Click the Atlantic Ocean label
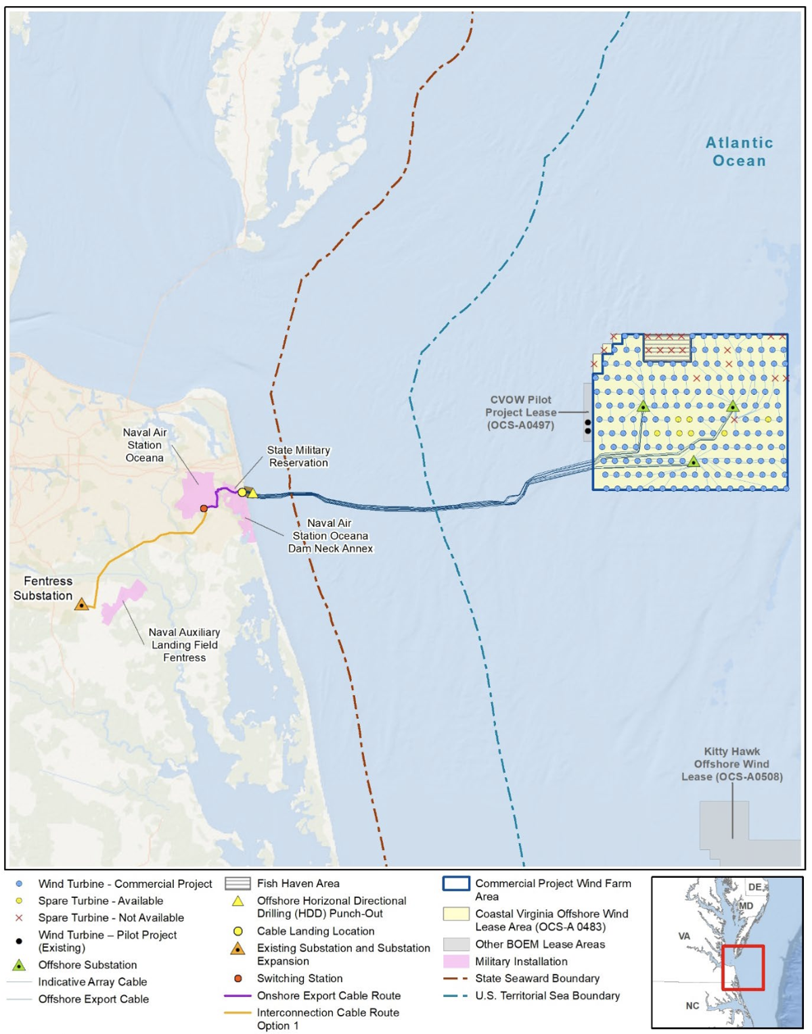point(739,151)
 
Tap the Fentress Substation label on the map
point(43,588)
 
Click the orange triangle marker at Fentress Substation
point(82,604)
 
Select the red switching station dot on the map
point(204,508)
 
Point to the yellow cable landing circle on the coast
point(242,492)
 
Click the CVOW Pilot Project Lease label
point(520,413)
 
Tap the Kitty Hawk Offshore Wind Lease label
point(731,764)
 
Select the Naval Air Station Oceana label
point(144,445)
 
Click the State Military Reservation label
point(298,456)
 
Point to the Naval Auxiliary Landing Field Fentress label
point(184,644)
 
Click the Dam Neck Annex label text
point(330,548)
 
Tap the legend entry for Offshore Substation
point(87,965)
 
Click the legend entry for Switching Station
point(299,979)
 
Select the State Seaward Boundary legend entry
point(537,979)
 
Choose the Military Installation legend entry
point(521,962)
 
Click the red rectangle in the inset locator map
point(742,968)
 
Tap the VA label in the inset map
point(684,936)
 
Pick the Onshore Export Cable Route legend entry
point(328,995)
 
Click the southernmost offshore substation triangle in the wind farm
point(694,462)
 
